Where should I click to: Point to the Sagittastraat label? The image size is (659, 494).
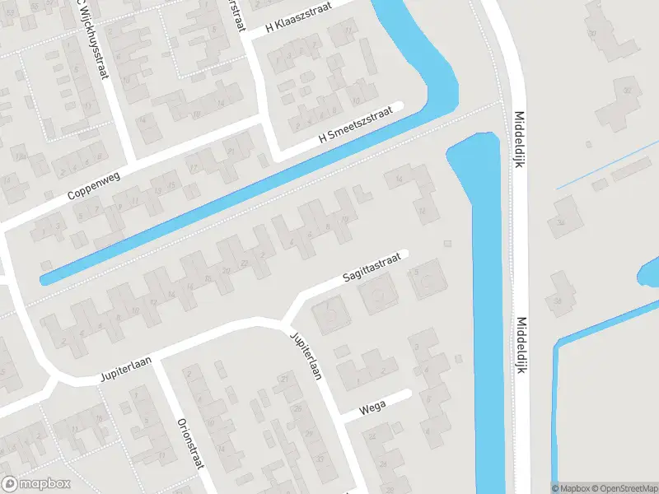coord(372,269)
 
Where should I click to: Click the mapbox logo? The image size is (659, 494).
coord(36,484)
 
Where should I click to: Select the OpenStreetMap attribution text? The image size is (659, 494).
coord(627,488)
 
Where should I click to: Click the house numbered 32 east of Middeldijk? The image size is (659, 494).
coord(629,91)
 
